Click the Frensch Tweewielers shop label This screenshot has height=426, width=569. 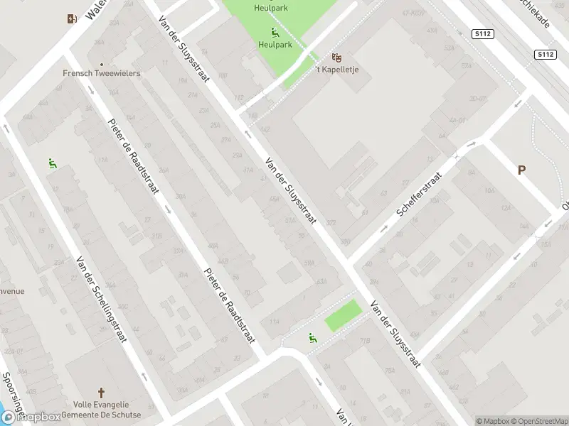pyautogui.click(x=102, y=73)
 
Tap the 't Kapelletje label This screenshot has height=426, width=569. pyautogui.click(x=337, y=69)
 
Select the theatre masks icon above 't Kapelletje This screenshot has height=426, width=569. pyautogui.click(x=337, y=57)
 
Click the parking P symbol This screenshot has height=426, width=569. pyautogui.click(x=521, y=170)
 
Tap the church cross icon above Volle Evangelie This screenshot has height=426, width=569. pyautogui.click(x=101, y=393)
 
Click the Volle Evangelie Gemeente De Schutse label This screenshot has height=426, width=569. pyautogui.click(x=101, y=410)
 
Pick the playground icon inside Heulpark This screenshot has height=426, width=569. pyautogui.click(x=275, y=32)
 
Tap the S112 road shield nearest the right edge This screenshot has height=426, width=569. pyautogui.click(x=545, y=55)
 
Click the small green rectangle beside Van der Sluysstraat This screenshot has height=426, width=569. pyautogui.click(x=344, y=315)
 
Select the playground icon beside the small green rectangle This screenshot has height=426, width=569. pyautogui.click(x=312, y=337)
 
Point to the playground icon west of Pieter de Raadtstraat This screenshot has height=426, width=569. pyautogui.click(x=52, y=164)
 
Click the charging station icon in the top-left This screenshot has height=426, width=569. pyautogui.click(x=71, y=19)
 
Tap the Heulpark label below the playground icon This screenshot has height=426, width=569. pyautogui.click(x=275, y=44)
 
